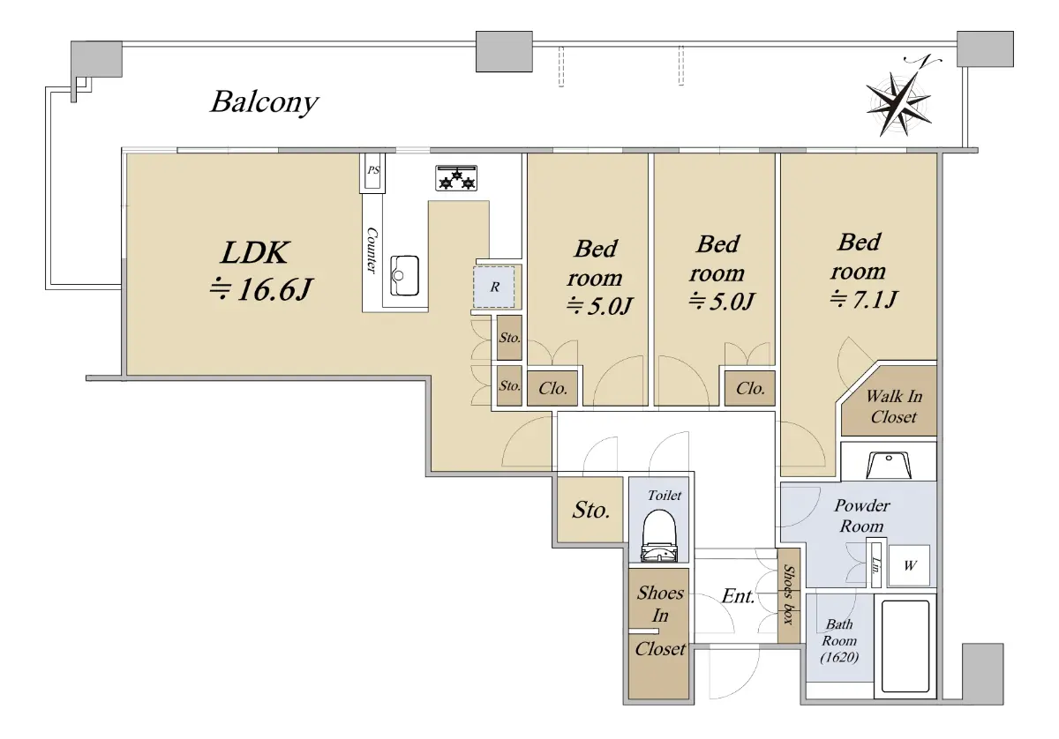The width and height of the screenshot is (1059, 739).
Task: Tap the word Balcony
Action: point(264,102)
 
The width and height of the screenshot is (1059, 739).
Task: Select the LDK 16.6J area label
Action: point(261,271)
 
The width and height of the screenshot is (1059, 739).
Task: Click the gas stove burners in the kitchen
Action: point(456,178)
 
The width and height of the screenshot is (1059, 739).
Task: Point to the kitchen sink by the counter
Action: point(405,275)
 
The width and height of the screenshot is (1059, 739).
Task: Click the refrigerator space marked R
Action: point(494,287)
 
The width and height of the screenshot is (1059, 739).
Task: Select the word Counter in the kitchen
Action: point(372,250)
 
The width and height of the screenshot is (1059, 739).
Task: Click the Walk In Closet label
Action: point(893,407)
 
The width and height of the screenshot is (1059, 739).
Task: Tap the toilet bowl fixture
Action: point(660,536)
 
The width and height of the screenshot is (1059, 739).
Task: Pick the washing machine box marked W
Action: point(910,565)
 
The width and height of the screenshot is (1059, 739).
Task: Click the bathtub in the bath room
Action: point(905,646)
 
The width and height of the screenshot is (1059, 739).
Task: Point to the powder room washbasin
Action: point(889,466)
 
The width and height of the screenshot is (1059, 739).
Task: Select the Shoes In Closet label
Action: point(660,621)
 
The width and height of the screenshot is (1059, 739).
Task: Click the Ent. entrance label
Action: point(738,596)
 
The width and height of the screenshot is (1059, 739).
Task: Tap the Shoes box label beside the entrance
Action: point(789,594)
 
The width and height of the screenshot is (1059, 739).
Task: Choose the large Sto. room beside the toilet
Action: point(590,510)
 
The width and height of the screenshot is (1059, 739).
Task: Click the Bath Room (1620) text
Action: point(839,640)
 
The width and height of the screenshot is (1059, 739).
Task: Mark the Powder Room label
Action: point(861,516)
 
